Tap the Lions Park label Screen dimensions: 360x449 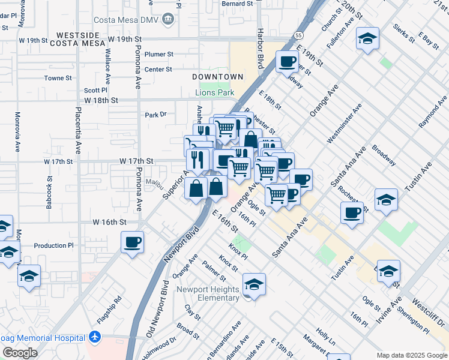point(214,93)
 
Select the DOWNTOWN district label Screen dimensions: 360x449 point(218,77)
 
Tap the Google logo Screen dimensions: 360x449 point(20,353)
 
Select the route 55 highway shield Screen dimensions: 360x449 point(299,37)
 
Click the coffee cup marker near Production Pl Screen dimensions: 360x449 point(132,242)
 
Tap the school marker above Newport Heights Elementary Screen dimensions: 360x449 point(255,284)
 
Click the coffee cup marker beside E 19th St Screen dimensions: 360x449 point(287,61)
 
